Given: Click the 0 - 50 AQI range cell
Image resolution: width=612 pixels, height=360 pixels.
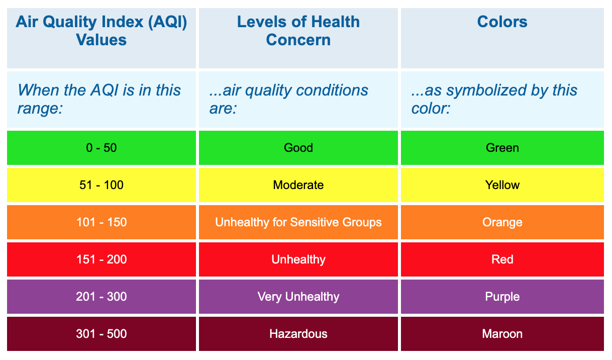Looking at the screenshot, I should coord(101,148).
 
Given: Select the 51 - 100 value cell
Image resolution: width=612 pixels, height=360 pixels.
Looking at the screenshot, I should coord(101,185).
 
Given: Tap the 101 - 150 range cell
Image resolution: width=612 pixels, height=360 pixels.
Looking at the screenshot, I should coord(101,222).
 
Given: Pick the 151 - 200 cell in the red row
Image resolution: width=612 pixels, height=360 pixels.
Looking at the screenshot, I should coord(101,259).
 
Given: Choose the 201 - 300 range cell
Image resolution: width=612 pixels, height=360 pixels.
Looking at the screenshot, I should coord(101,297).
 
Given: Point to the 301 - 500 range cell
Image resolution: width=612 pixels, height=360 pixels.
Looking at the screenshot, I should coord(101,334).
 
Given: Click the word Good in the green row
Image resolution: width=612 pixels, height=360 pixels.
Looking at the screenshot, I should coord(298,148).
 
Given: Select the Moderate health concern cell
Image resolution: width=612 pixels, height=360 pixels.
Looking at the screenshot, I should coord(298,185).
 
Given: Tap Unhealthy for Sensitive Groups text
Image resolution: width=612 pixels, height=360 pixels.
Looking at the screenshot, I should coord(298,222).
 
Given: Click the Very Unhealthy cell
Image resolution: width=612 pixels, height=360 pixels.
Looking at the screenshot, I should coord(298,297).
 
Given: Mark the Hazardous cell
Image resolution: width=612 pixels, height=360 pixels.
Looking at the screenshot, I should coord(298,334).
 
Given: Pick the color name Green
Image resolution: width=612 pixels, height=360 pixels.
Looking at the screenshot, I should coord(502,148).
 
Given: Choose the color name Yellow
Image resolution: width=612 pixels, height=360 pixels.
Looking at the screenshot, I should coord(502,185).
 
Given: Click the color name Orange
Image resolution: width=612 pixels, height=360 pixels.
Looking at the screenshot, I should coord(502,222).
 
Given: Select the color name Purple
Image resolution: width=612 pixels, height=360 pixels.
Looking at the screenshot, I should coord(502,297).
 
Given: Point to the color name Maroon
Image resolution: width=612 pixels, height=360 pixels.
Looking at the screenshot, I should coord(502,334).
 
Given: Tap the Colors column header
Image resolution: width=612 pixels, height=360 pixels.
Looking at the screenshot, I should coord(502,22).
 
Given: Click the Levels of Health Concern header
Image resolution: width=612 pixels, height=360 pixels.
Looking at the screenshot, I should coord(298,31).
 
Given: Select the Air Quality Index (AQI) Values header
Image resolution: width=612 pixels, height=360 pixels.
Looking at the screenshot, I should coord(101,31).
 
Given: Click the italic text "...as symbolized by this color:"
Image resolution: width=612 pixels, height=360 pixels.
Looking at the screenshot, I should coord(494,99).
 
